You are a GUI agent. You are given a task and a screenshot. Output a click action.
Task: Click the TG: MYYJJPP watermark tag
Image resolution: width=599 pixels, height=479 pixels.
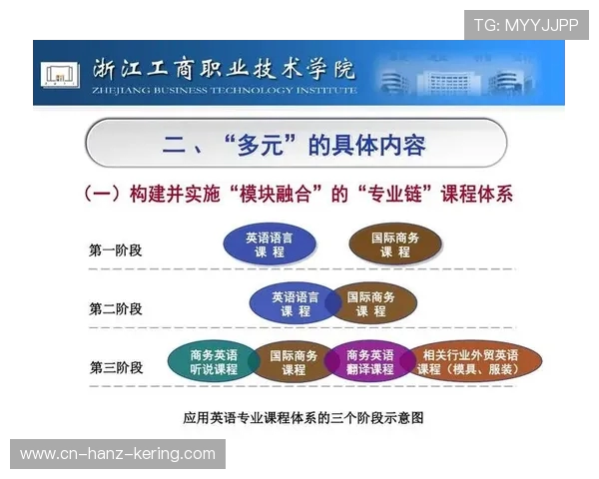(525, 25)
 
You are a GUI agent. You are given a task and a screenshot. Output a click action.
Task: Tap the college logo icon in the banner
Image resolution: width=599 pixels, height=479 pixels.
(60, 74)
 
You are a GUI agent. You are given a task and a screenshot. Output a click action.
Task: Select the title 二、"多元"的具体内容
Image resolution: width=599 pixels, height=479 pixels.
(295, 146)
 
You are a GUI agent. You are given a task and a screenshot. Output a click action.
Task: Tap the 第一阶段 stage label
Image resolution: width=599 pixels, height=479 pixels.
(116, 249)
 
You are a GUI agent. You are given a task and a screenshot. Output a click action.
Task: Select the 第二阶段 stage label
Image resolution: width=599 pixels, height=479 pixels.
(116, 308)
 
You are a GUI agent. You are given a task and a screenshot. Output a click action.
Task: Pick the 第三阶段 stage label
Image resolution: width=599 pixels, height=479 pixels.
(116, 367)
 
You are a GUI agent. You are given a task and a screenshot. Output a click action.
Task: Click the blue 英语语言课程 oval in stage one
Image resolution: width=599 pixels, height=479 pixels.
(270, 245)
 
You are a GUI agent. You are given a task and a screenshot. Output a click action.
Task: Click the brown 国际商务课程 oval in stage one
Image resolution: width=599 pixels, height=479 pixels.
(395, 245)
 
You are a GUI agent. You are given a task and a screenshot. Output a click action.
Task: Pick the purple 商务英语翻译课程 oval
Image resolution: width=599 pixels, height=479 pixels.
(369, 361)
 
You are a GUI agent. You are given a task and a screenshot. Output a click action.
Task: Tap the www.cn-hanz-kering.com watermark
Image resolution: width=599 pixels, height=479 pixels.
(118, 454)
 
